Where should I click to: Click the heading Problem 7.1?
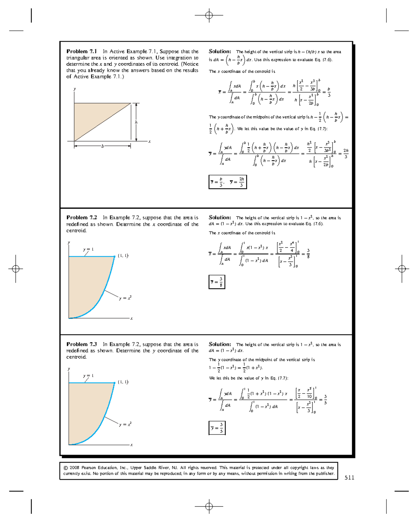82,51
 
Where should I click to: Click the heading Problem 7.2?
82,218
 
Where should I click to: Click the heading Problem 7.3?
82,344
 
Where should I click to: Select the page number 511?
349,478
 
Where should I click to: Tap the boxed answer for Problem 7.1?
228,182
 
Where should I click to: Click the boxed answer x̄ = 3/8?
217,282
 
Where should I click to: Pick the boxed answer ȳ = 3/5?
217,428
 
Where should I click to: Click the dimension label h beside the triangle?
136,122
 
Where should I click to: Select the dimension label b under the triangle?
102,146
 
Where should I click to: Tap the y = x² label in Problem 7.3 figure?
125,424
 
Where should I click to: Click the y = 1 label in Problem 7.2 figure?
88,249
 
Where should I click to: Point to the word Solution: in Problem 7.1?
220,51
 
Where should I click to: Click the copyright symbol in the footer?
66,468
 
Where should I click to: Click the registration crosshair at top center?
209,15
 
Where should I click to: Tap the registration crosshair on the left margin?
16,268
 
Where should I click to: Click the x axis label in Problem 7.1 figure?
149,142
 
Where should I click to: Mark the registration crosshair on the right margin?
402,268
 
